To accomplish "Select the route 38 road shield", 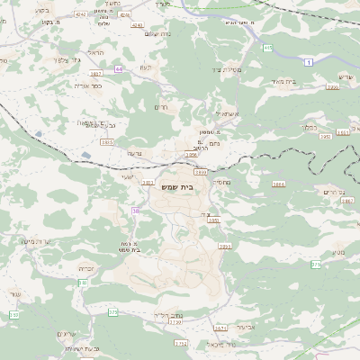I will click(136, 211).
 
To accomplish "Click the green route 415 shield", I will click(267, 48).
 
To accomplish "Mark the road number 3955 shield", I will click(224, 246).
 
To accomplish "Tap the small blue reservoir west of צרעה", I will click(85, 155).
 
